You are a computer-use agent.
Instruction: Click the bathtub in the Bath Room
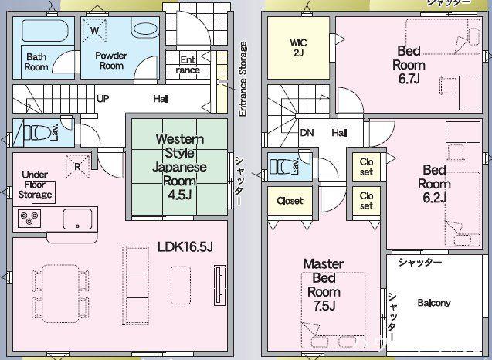(x=45, y=30)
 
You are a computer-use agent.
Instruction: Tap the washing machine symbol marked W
(x=94, y=30)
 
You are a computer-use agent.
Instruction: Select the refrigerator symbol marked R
(x=77, y=166)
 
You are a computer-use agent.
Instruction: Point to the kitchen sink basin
(x=77, y=219)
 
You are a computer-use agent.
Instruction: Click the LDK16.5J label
(x=185, y=247)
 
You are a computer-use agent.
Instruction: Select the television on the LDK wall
(x=219, y=285)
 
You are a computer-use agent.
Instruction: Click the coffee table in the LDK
(x=181, y=285)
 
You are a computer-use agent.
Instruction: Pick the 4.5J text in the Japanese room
(x=180, y=195)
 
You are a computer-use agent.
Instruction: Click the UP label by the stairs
(x=103, y=99)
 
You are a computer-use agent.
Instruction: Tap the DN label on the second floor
(x=307, y=133)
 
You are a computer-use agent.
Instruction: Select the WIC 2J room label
(x=298, y=47)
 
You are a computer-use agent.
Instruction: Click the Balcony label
(x=434, y=303)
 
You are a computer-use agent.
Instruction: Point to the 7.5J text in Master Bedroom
(x=324, y=305)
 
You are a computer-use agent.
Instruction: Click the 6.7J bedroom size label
(x=409, y=79)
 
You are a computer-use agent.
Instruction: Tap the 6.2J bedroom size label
(x=435, y=198)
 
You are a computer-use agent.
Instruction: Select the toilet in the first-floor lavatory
(x=37, y=132)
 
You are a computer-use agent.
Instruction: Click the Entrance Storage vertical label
(x=243, y=79)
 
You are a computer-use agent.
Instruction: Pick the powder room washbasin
(x=144, y=30)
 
